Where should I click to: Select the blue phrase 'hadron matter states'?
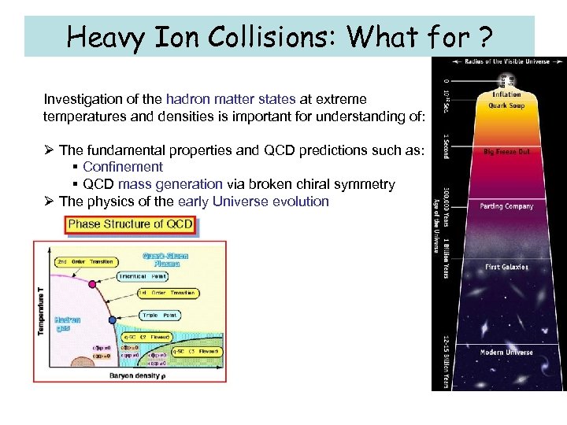[231, 100]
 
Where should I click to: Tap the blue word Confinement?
[122, 167]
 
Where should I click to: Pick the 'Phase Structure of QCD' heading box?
[131, 224]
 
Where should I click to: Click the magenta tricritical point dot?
[92, 283]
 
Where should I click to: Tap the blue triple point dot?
[112, 320]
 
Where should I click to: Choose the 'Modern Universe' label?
[506, 352]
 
